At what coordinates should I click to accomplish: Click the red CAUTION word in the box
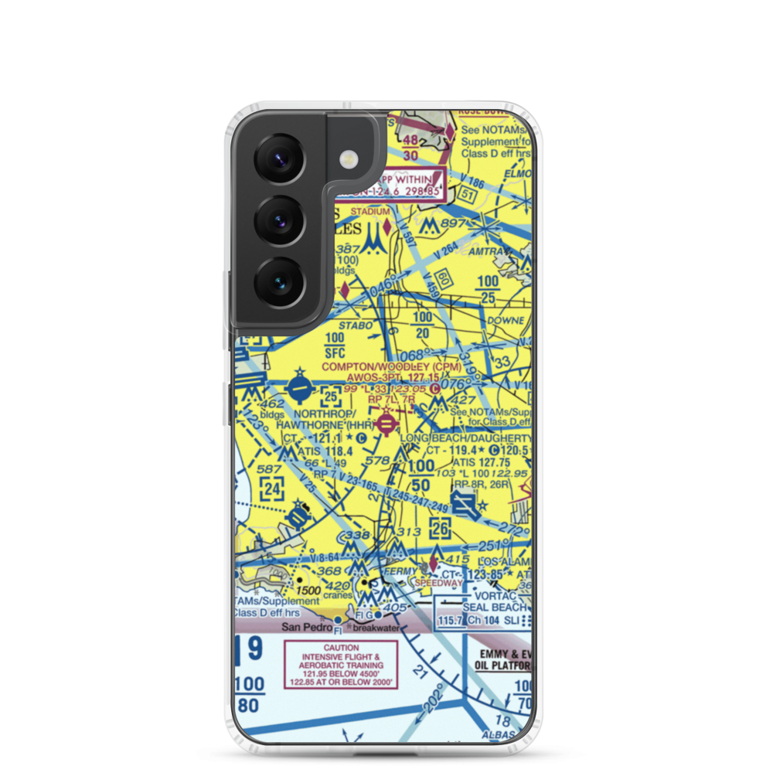click(x=341, y=648)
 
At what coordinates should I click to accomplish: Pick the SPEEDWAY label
click(x=438, y=583)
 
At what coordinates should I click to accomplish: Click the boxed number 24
click(x=271, y=489)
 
